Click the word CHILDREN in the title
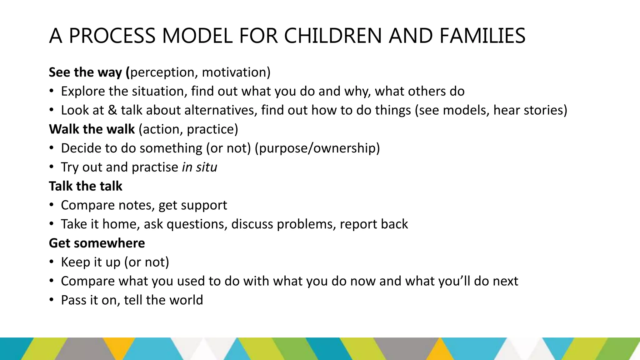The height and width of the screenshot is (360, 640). [332, 36]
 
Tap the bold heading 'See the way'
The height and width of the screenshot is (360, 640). [85, 72]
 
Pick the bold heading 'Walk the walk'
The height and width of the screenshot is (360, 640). [92, 129]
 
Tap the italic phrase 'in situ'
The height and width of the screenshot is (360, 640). [199, 167]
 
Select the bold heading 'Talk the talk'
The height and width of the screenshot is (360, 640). [86, 186]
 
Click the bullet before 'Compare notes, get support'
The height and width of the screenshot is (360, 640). [52, 205]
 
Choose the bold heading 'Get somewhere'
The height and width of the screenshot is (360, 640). [97, 243]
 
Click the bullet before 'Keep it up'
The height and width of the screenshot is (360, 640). [52, 262]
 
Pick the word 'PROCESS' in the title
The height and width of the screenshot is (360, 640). [112, 36]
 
